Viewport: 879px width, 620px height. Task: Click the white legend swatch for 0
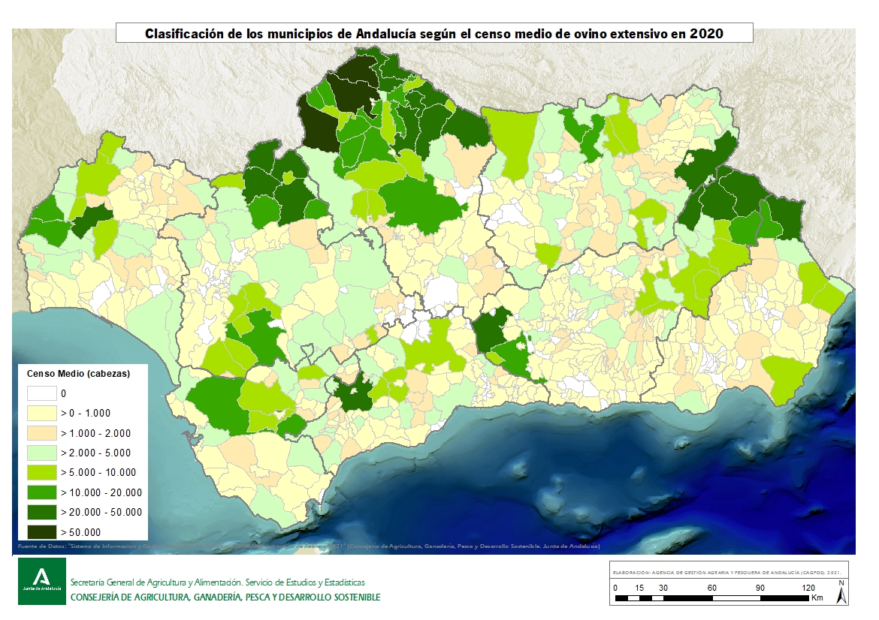pyautogui.click(x=41, y=393)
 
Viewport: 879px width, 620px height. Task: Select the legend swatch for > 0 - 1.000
pyautogui.click(x=41, y=413)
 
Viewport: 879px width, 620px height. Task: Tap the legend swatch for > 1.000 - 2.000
pyautogui.click(x=41, y=433)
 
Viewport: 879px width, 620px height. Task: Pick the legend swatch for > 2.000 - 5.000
pyautogui.click(x=41, y=453)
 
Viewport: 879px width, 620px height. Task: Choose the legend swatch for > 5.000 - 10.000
pyautogui.click(x=41, y=472)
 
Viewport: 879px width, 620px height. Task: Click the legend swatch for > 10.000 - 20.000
pyautogui.click(x=41, y=492)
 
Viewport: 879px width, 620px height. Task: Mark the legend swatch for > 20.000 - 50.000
pyautogui.click(x=41, y=512)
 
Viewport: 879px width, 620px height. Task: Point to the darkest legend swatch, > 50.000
pyautogui.click(x=41, y=532)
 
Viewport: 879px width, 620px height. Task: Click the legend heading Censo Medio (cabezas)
pyautogui.click(x=79, y=373)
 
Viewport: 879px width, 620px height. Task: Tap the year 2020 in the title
pyautogui.click(x=707, y=34)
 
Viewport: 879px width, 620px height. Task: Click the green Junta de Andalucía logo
pyautogui.click(x=42, y=581)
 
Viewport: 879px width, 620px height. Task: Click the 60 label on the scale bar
pyautogui.click(x=711, y=588)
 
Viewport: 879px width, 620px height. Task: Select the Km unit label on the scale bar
pyautogui.click(x=817, y=598)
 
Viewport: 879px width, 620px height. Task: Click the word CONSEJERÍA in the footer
pyautogui.click(x=98, y=597)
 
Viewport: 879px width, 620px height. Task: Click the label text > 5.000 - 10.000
pyautogui.click(x=99, y=473)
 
